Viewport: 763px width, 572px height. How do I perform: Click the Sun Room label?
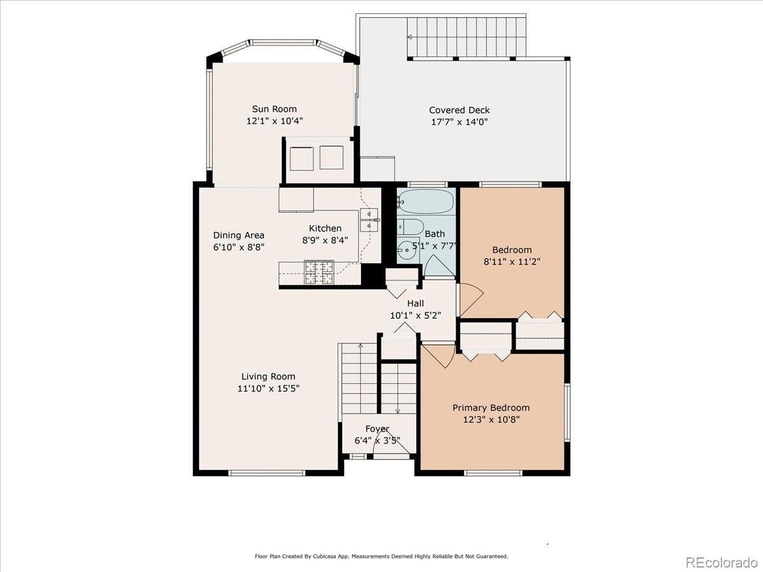(x=274, y=109)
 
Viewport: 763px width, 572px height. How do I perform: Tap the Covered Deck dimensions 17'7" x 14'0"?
(x=460, y=122)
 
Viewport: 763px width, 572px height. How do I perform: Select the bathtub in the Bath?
(x=427, y=201)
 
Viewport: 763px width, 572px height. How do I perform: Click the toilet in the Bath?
(x=411, y=227)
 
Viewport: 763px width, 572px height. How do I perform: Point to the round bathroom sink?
(x=407, y=250)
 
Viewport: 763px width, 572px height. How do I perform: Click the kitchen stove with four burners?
(x=319, y=272)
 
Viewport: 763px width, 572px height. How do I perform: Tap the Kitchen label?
(x=325, y=229)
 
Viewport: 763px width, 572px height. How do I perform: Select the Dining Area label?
(x=239, y=235)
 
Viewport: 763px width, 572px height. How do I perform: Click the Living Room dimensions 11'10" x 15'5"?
(x=268, y=388)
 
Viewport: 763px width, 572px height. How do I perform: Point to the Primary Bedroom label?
(x=491, y=408)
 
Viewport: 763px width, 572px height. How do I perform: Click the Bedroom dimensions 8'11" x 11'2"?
(x=512, y=261)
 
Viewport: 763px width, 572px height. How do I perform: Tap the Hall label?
(x=415, y=303)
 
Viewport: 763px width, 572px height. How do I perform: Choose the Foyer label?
(x=377, y=429)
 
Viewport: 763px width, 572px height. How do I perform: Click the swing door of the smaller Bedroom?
(x=471, y=300)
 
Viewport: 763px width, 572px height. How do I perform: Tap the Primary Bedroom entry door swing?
(x=438, y=356)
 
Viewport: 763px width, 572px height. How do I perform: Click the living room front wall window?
(x=267, y=473)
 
